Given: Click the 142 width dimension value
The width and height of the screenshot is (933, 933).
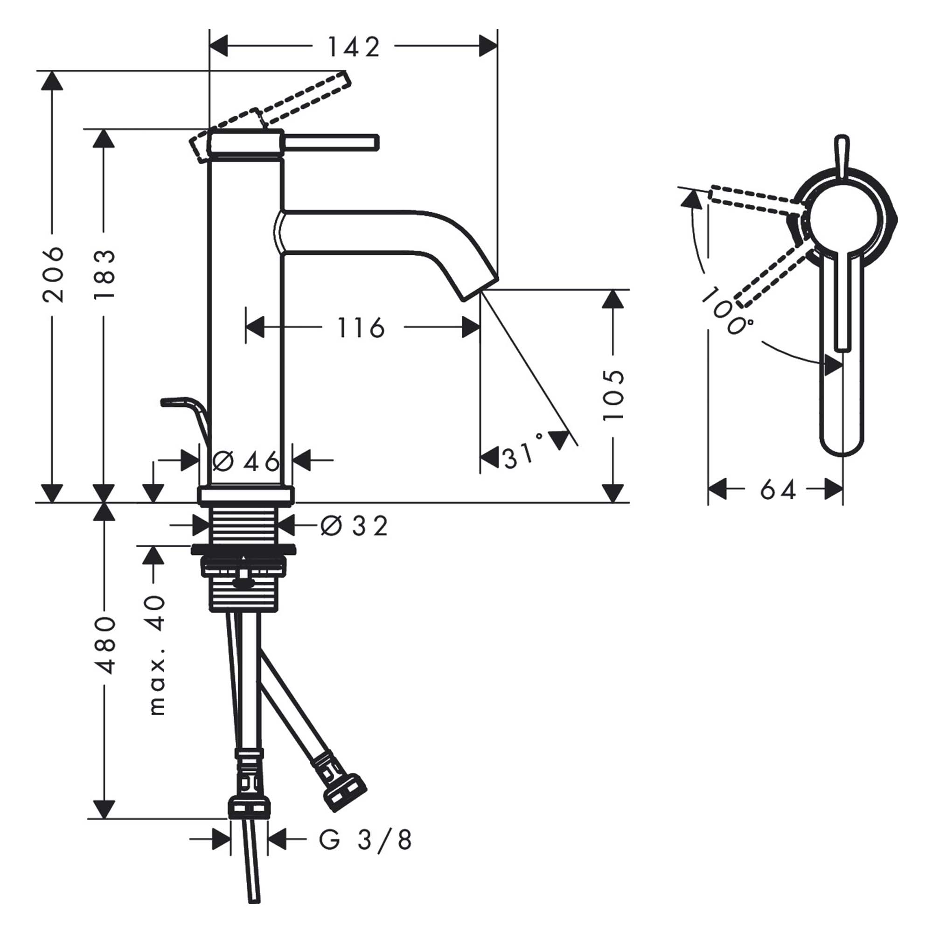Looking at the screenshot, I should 354,47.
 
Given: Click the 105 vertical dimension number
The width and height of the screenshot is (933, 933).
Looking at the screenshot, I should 614,395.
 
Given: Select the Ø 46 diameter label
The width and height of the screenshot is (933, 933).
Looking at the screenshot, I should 246,462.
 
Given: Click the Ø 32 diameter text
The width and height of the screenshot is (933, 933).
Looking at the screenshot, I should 354,526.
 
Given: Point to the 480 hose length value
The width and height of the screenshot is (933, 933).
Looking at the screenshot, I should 104,645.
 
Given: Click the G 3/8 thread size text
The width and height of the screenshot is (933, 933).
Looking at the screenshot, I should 365,840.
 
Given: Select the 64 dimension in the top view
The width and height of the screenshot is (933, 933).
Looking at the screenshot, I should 777,491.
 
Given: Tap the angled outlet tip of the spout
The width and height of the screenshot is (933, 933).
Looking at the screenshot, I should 478,288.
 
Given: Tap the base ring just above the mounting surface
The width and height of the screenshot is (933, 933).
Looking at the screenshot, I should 245,496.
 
